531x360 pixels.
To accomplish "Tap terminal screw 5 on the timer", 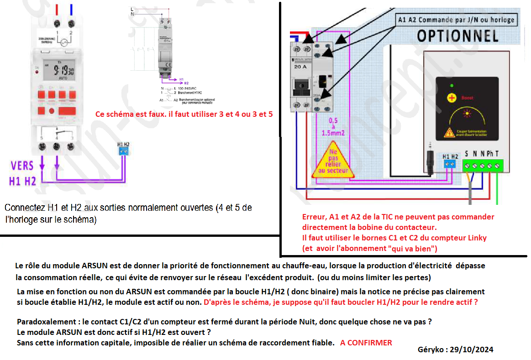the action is point(42,147).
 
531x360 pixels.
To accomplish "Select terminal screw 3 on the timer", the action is point(71,147).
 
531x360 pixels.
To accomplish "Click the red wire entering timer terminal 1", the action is point(57,10).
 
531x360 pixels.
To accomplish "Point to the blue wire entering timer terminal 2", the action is point(71,10).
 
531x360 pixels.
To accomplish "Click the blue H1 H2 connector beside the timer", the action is point(123,150).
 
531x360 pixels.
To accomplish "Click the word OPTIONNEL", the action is point(457,35).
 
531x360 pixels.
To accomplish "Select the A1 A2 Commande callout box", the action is point(456,20).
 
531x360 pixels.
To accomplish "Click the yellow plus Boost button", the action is point(452,98).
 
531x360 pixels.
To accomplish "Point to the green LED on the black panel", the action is point(452,86).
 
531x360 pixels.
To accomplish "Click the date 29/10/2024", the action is point(472,350).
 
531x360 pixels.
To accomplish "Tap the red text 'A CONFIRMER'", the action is point(366,343).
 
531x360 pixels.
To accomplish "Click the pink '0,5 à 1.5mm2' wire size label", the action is point(332,127).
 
